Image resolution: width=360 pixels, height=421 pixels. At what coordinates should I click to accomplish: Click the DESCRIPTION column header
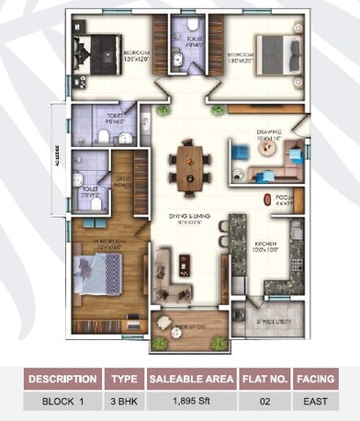pyautogui.click(x=63, y=379)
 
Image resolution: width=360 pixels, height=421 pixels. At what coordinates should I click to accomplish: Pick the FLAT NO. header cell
pyautogui.click(x=264, y=379)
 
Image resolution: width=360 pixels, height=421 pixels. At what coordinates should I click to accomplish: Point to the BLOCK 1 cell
pyautogui.click(x=63, y=401)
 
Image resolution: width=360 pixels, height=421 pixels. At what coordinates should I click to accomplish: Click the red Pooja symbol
pyautogui.click(x=266, y=199)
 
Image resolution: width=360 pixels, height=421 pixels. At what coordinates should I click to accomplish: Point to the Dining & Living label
pyautogui.click(x=190, y=217)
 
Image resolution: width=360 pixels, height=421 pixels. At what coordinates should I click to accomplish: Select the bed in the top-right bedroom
pyautogui.click(x=274, y=49)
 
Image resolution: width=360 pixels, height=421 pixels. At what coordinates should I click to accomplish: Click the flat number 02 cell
pyautogui.click(x=264, y=401)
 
